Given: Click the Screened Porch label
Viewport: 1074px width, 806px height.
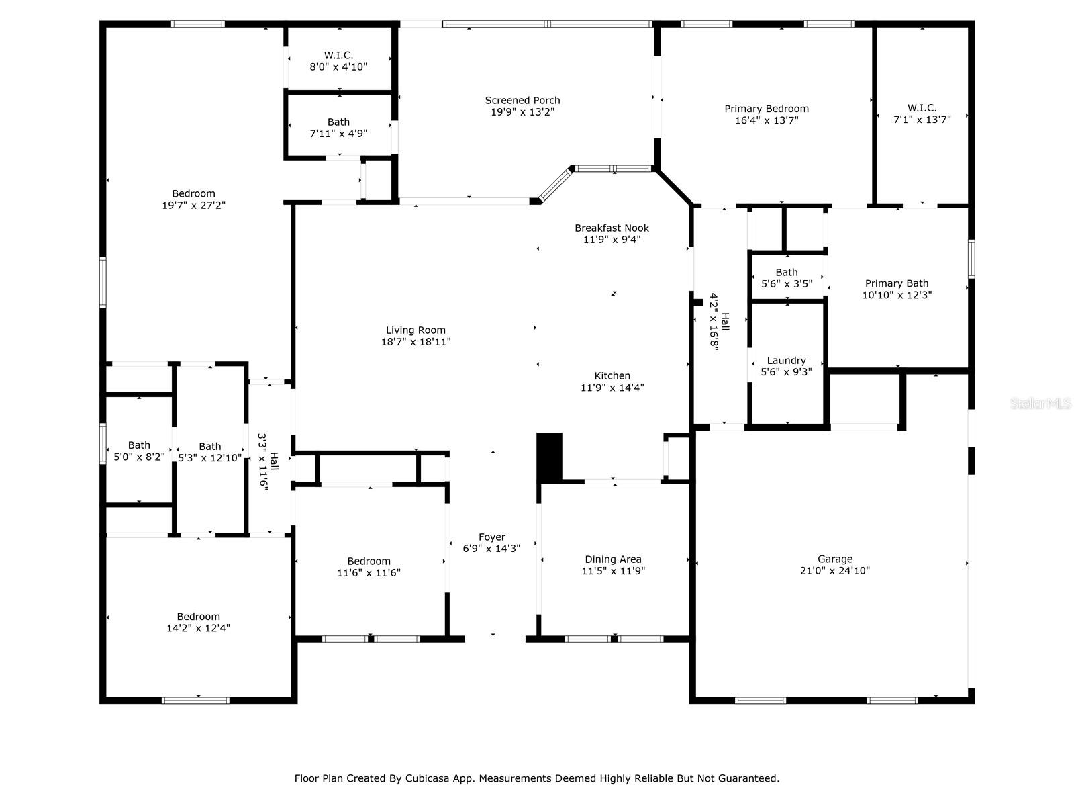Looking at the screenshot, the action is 522,100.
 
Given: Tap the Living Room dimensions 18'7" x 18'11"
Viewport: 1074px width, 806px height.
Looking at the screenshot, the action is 416,342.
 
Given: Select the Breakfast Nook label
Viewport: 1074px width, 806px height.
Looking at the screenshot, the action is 612,228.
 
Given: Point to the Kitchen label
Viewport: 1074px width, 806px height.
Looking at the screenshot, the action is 612,376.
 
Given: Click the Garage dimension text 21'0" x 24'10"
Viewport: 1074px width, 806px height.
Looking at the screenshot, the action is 835,570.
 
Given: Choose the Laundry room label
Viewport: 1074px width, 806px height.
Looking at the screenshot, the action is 786,361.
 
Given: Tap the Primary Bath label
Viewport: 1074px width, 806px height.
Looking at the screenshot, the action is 896,283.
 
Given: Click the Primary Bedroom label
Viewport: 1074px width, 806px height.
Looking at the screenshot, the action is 767,109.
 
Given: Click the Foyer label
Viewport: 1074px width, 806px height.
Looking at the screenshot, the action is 492,537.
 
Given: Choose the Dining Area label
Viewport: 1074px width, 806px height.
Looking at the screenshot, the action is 613,559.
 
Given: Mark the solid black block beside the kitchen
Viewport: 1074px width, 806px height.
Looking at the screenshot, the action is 549,458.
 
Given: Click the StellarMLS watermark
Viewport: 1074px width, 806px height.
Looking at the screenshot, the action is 1040,404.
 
